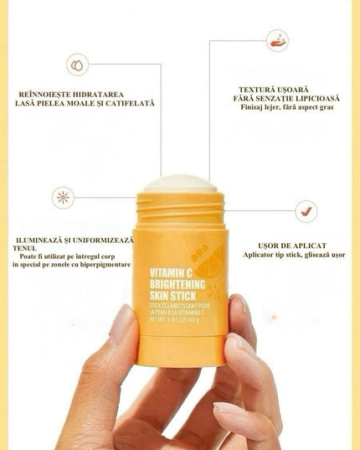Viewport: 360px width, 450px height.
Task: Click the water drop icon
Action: click(x=78, y=64)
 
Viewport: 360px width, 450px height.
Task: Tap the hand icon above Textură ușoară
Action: click(x=277, y=40)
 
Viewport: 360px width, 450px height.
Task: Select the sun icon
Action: click(x=63, y=198)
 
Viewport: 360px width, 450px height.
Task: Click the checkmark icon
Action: click(x=306, y=210)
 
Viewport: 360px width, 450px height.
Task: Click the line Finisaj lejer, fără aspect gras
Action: click(x=286, y=108)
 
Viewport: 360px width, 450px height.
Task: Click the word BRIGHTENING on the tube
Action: click(x=174, y=284)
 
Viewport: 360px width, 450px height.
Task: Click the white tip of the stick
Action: click(x=181, y=183)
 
